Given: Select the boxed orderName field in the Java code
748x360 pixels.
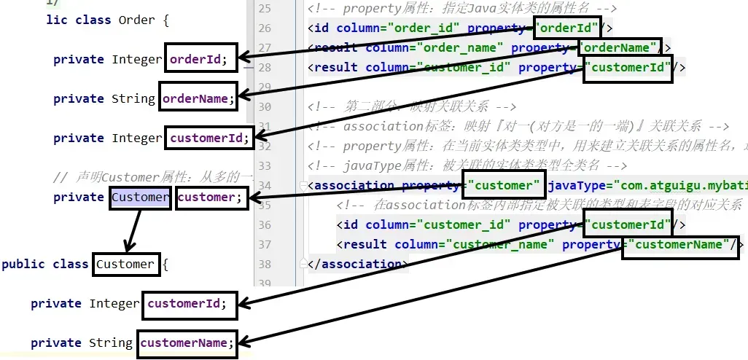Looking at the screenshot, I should click(197, 98).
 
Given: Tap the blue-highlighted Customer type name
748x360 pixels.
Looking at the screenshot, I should click(141, 197).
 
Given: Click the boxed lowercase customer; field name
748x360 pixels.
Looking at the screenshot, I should click(211, 197).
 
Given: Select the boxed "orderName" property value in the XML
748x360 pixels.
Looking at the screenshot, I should click(620, 48).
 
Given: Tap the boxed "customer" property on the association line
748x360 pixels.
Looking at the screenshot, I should click(504, 185).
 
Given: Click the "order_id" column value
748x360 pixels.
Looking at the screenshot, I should click(422, 28).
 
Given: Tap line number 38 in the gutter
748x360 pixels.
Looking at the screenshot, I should click(264, 264).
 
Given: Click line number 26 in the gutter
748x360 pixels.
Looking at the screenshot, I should click(264, 28).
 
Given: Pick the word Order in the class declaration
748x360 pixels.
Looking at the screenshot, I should click(136, 20).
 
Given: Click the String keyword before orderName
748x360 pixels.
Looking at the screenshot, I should click(133, 98).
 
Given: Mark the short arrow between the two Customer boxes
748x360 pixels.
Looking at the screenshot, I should click(133, 230).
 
